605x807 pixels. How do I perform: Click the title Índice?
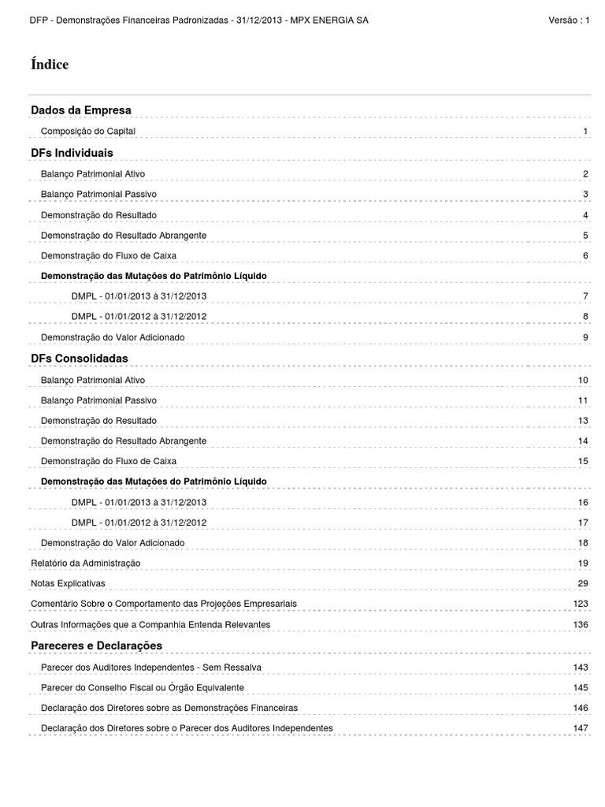click(49, 65)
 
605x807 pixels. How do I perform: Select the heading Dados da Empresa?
click(80, 110)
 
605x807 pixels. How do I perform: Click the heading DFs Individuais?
click(72, 151)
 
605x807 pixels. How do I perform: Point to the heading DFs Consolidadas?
click(79, 358)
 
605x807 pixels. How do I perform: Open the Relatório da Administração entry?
click(85, 563)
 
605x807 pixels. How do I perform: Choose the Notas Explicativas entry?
click(68, 583)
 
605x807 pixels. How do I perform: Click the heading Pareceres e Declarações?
click(96, 645)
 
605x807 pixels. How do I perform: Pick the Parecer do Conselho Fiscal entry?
click(142, 687)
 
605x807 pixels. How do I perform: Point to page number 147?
click(581, 728)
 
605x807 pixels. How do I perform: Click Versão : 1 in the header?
click(569, 20)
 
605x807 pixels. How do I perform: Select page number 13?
click(583, 421)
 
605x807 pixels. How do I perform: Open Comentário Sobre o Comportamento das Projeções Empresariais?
click(164, 604)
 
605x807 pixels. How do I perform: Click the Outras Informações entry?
click(150, 624)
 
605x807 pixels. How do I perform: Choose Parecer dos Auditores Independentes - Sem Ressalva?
click(150, 667)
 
